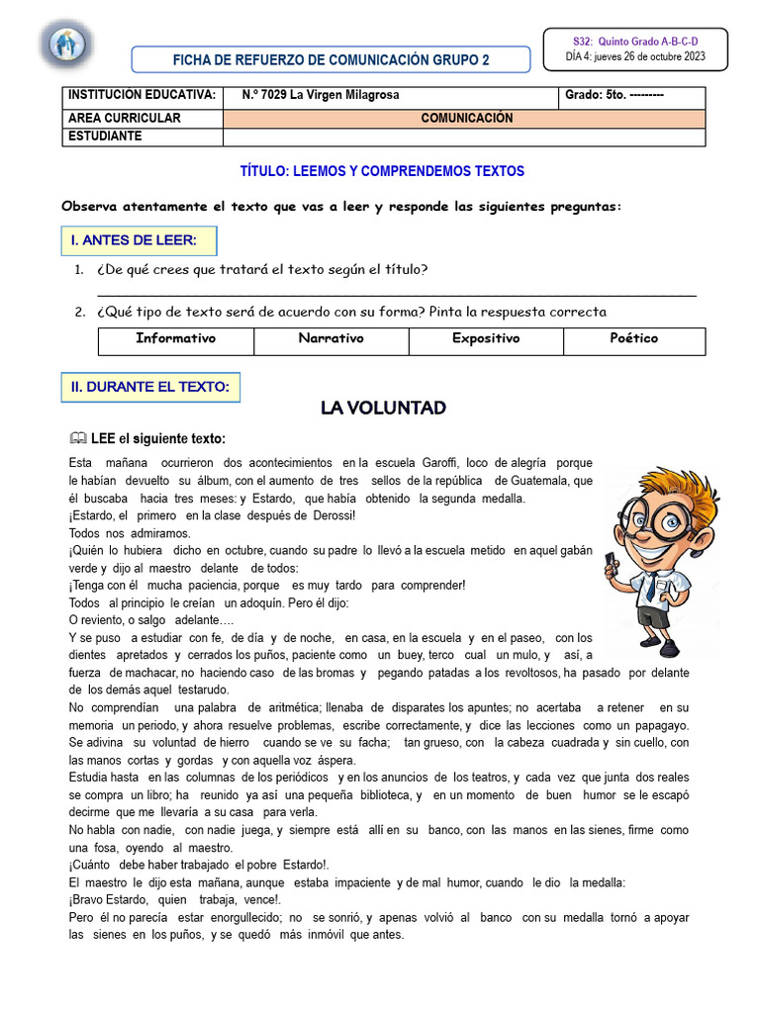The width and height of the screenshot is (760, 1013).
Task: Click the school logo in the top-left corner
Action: [x=67, y=45]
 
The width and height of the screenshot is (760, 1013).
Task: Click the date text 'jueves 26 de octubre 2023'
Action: [x=648, y=56]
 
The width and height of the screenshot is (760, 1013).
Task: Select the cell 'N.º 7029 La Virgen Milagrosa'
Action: [x=321, y=96]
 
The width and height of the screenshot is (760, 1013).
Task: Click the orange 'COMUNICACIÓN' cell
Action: [x=466, y=118]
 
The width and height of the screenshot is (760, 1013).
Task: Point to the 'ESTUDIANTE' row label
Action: [x=105, y=137]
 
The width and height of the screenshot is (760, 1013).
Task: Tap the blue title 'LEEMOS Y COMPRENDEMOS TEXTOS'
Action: [x=382, y=171]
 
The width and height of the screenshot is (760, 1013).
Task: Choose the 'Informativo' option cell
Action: [x=176, y=339]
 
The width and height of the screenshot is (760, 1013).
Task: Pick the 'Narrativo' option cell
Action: [x=332, y=339]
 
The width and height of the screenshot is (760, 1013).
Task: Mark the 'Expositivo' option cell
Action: [x=486, y=339]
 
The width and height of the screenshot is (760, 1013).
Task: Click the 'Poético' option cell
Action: [x=634, y=339]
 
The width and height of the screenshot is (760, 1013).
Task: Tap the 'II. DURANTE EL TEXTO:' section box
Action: [x=151, y=387]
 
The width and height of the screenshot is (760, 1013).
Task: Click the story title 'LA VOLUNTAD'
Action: [x=383, y=408]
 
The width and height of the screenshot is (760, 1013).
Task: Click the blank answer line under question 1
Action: [x=396, y=294]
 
